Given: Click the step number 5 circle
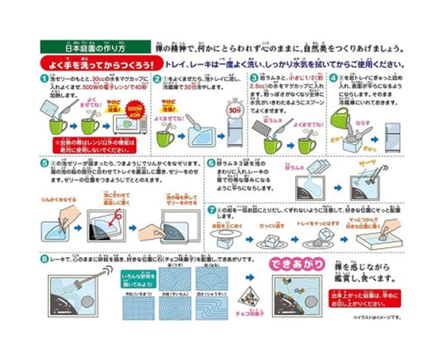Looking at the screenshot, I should (44, 163).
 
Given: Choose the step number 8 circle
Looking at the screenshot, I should (44, 259).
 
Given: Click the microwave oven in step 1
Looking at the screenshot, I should (132, 123).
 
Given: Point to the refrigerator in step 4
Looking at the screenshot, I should (393, 128).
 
